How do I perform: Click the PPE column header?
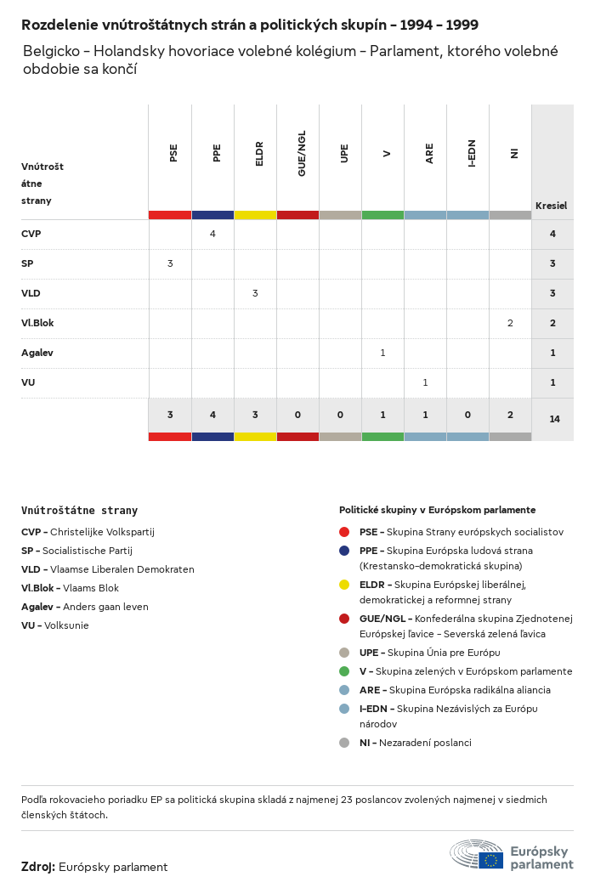(x=217, y=153)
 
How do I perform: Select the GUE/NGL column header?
(x=302, y=153)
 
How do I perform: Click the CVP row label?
(x=31, y=234)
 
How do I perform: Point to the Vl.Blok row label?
(x=37, y=323)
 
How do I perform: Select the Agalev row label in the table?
(x=37, y=353)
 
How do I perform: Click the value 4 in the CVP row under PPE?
(x=212, y=234)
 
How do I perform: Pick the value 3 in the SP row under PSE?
(x=170, y=263)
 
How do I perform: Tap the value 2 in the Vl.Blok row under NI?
(x=510, y=323)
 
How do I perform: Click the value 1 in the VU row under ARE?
(x=425, y=382)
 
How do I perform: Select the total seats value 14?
(x=552, y=419)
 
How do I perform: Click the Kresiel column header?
(x=551, y=206)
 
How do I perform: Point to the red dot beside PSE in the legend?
(x=344, y=532)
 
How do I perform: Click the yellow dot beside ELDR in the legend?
(x=344, y=585)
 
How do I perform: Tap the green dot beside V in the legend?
(x=344, y=671)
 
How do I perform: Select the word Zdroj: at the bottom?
(x=38, y=867)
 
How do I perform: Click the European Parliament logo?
(x=512, y=855)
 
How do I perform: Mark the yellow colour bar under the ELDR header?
(x=255, y=215)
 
